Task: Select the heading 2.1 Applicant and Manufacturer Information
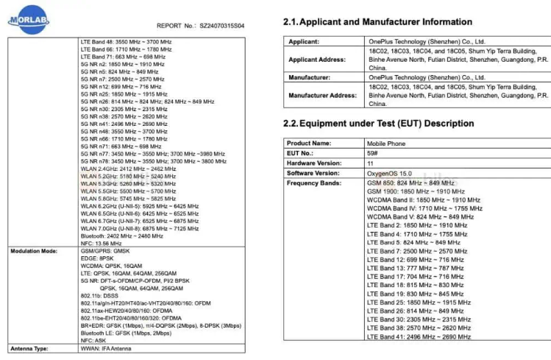377,22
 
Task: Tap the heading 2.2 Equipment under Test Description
378,124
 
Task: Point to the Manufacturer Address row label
322,96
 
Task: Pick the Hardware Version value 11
370,163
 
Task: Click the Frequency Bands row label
314,183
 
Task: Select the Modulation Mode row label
34,251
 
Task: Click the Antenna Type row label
29,347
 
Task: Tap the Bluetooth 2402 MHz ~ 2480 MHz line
122,236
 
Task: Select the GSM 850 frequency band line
410,183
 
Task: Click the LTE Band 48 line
126,42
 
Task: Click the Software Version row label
316,173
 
